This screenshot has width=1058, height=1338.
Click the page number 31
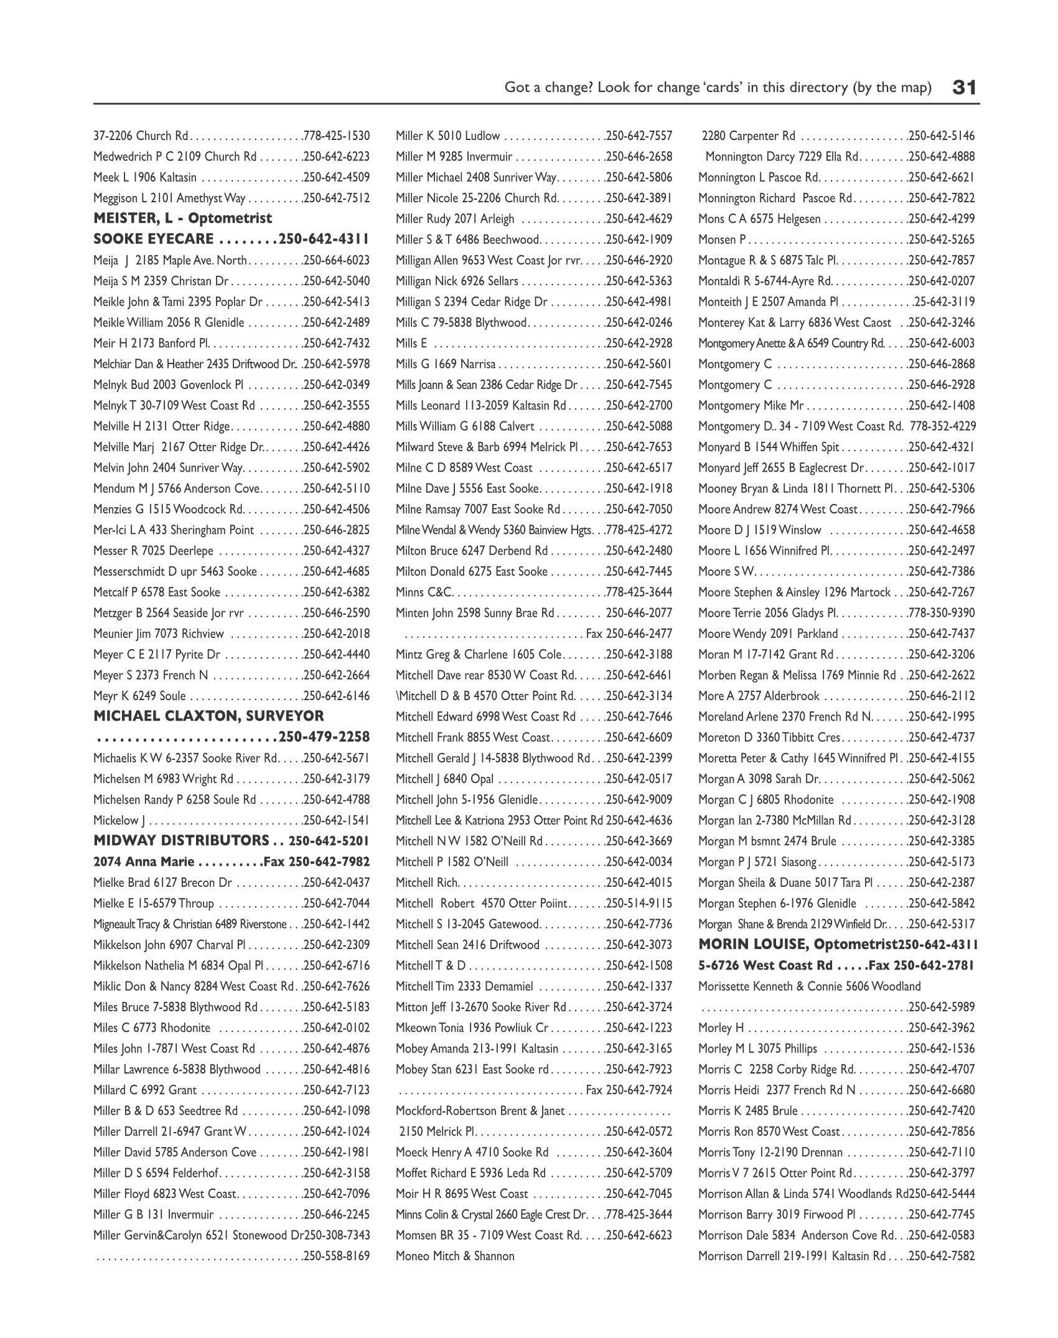965,87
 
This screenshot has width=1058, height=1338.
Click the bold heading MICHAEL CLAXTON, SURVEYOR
208,716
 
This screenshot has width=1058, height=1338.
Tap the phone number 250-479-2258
324,737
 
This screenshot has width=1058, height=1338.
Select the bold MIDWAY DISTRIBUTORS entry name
181,841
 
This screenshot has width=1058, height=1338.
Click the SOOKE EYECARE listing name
154,240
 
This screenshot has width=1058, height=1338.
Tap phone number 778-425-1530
336,136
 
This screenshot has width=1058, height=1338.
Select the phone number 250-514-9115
639,903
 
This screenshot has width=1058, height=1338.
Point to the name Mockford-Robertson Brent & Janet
480,1111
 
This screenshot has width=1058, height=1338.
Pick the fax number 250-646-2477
639,634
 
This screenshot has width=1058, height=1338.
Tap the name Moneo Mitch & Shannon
455,1256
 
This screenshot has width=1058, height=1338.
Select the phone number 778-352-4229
943,426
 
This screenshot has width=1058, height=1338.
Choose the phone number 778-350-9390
942,613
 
